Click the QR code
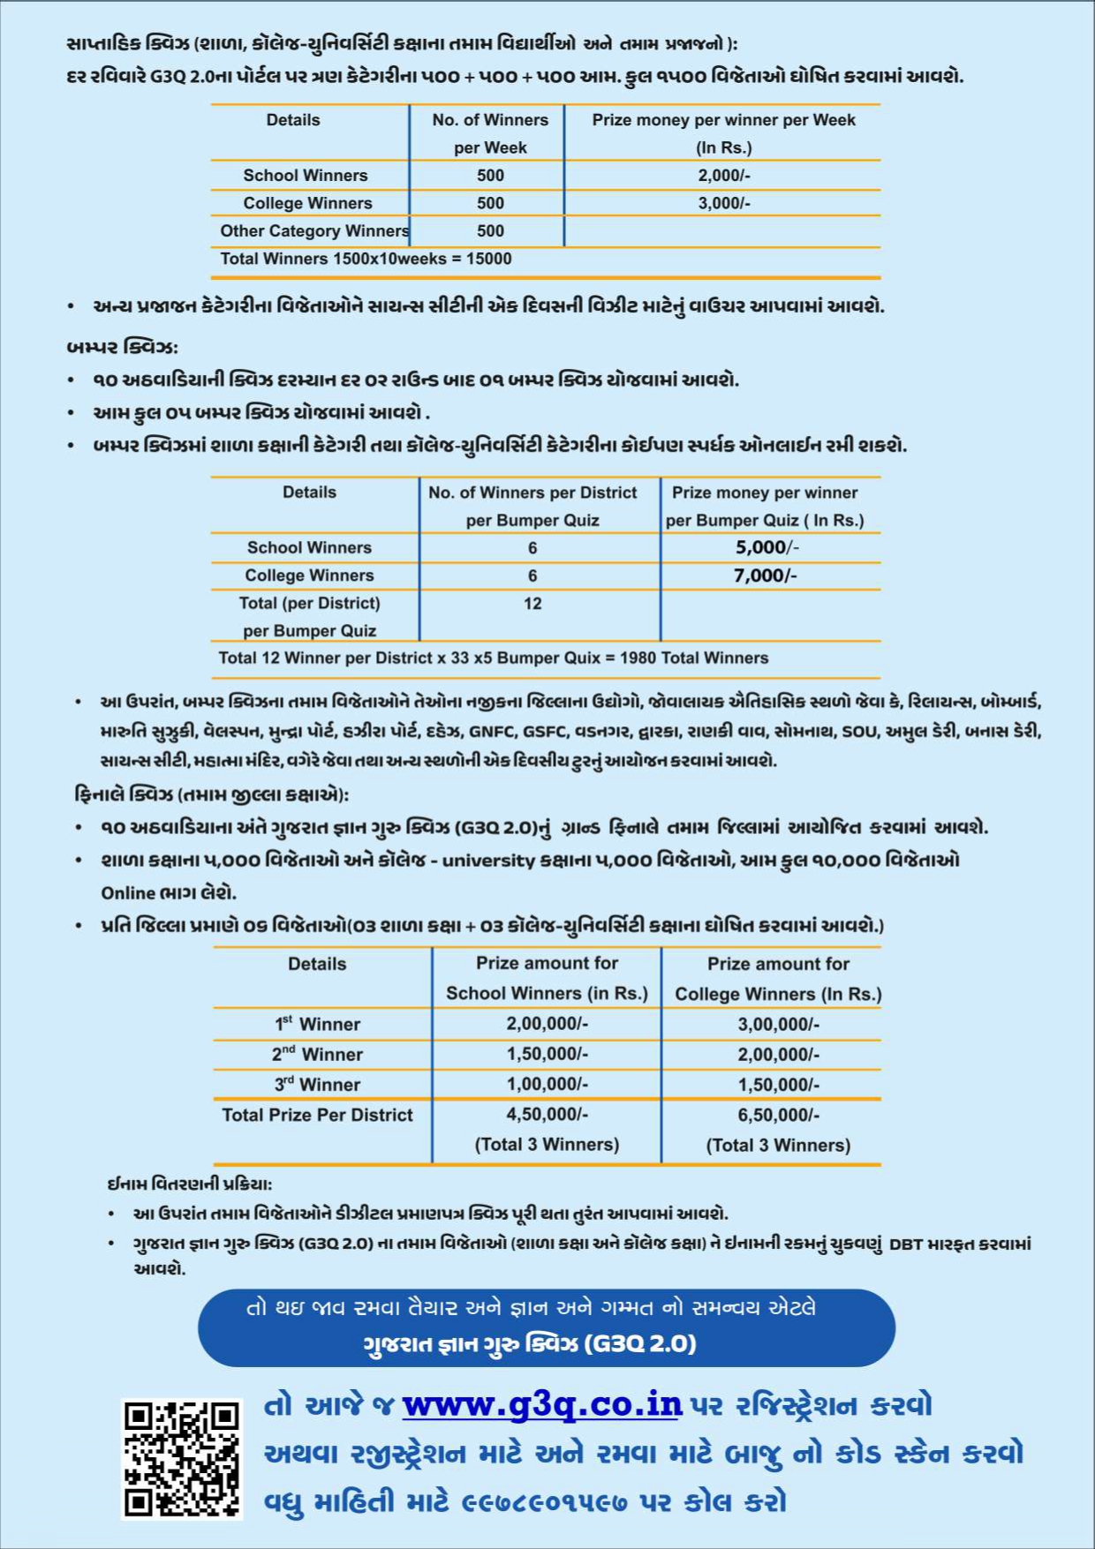pos(181,1459)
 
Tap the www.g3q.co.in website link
pos(542,1404)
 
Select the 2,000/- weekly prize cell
pos(723,176)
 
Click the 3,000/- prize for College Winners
pos(723,203)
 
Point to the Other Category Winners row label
pos(313,231)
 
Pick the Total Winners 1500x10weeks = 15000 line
pos(366,259)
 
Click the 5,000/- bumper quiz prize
pos(766,547)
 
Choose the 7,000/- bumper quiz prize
pos(765,575)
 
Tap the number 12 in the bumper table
pos(532,604)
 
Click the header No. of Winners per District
pos(532,493)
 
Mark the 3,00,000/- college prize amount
pos(778,1024)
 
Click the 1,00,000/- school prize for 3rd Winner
pos(547,1084)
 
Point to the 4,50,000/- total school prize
pos(547,1115)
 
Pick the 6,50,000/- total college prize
pos(778,1115)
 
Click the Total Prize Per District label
pos(317,1115)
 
